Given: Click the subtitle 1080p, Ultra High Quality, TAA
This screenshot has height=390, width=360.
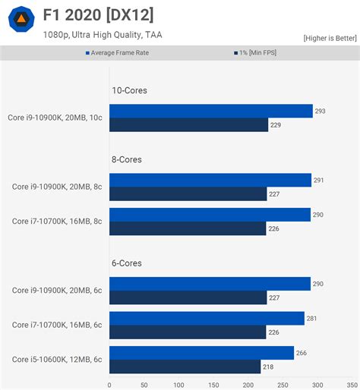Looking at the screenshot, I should (103, 34).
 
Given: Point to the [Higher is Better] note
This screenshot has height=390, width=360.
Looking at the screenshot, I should (330, 38).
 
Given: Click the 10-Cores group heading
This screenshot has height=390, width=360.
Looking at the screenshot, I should (129, 90).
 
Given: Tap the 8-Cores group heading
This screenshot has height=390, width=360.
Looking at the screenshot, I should (127, 159).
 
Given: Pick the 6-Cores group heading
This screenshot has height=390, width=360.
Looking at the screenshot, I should (127, 263).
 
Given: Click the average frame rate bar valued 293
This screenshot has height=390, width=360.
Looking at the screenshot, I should (211, 111).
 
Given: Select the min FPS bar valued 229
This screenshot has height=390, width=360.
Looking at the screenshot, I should (188, 125).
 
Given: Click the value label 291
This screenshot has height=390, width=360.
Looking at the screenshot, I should (319, 180).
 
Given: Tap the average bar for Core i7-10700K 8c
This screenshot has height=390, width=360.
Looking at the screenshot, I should (210, 215).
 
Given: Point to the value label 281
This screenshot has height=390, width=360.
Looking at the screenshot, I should (311, 319).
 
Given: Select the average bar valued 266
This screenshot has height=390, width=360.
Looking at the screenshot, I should (201, 353).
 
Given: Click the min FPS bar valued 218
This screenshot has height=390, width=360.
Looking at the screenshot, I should (185, 367).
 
